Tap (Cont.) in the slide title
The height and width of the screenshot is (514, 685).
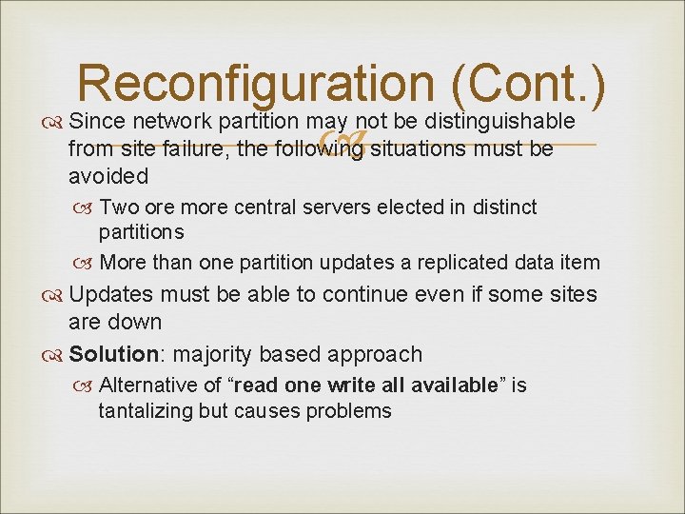pyautogui.click(x=529, y=84)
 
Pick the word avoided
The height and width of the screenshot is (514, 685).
pyautogui.click(x=108, y=176)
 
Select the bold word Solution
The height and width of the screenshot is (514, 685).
pyautogui.click(x=113, y=354)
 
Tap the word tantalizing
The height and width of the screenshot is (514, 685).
pyautogui.click(x=146, y=411)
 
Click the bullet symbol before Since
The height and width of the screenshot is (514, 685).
pyautogui.click(x=54, y=123)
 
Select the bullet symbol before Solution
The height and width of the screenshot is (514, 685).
pyautogui.click(x=54, y=355)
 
